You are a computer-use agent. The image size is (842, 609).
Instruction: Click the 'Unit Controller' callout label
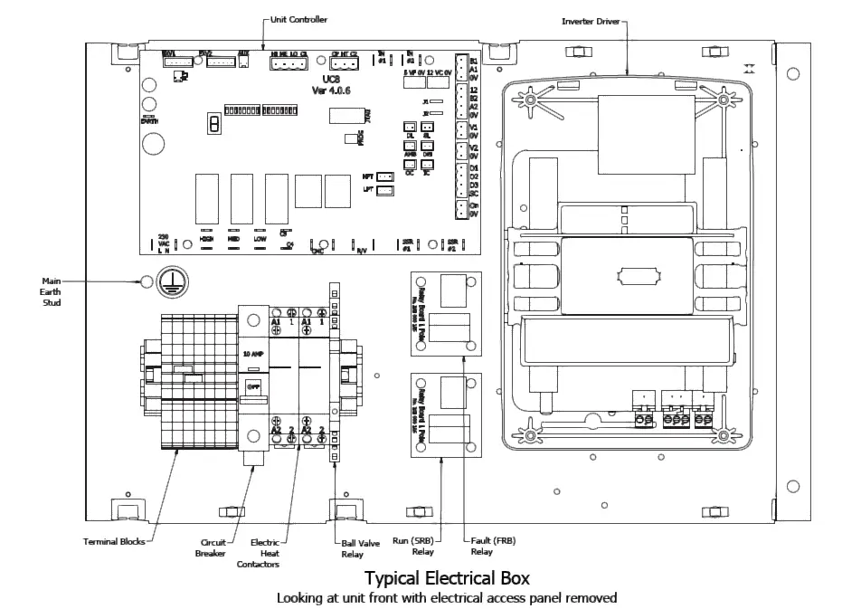(299, 19)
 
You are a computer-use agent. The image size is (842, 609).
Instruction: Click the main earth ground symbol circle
(168, 282)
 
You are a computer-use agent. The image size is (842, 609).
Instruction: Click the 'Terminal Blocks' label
(113, 543)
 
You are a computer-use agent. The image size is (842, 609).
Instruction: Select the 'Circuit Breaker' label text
(213, 549)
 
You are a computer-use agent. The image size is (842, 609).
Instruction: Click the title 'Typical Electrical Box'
(447, 577)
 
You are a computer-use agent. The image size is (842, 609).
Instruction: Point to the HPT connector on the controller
(384, 176)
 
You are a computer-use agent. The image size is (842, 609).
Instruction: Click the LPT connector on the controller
(384, 190)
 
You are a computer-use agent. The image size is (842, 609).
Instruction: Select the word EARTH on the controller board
(147, 118)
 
